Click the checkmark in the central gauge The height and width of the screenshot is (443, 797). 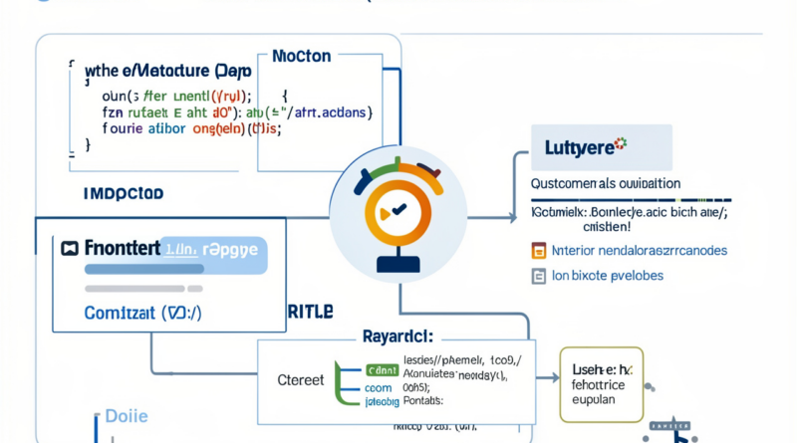pyautogui.click(x=398, y=209)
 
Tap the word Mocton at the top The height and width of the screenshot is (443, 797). pyautogui.click(x=301, y=58)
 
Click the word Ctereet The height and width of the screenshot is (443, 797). pyautogui.click(x=299, y=379)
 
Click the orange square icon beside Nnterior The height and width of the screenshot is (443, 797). pyautogui.click(x=538, y=249)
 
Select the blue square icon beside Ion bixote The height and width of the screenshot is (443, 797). pyautogui.click(x=538, y=275)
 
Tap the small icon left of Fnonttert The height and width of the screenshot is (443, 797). pyautogui.click(x=69, y=248)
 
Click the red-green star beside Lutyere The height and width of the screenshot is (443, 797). pyautogui.click(x=623, y=143)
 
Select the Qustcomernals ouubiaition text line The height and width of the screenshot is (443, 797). pyautogui.click(x=604, y=184)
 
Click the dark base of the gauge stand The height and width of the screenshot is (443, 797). pyautogui.click(x=397, y=266)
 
